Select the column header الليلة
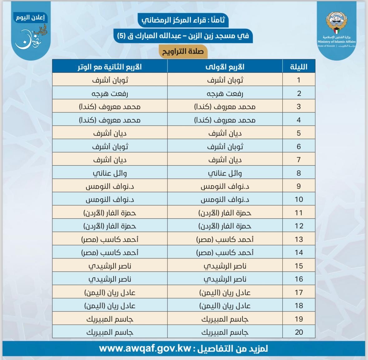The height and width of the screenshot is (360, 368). point(298,67)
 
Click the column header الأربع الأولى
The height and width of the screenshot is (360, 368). point(225,67)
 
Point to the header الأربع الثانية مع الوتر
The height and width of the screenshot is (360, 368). point(110,67)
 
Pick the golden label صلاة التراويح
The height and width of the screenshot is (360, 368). point(183,51)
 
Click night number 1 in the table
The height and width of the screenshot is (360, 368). point(298,80)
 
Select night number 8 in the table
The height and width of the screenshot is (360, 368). point(298,173)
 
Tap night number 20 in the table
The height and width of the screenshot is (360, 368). point(299,332)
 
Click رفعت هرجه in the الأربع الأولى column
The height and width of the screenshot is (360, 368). point(225,93)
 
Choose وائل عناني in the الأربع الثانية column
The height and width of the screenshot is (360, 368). point(110,173)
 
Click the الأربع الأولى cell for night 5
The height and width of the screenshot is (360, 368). point(225,133)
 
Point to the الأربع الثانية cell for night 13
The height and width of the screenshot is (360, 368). point(110,239)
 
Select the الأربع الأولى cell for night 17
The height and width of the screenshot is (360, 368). point(225,292)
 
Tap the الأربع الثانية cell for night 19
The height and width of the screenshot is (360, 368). point(110,319)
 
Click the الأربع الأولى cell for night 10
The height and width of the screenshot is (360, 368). point(225,199)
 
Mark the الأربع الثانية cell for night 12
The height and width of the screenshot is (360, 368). point(110,226)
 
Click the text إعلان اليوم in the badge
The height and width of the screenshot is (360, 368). point(31,17)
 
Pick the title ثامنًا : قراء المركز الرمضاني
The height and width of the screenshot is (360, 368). point(183,20)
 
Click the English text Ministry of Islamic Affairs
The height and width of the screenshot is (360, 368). point(336,42)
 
